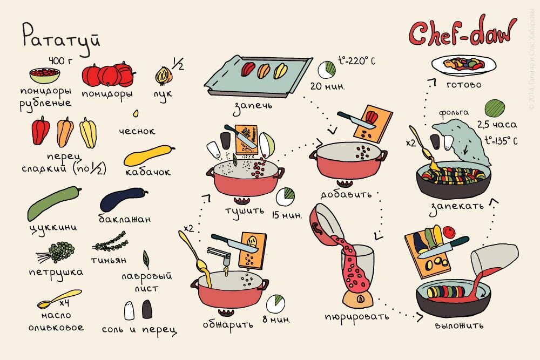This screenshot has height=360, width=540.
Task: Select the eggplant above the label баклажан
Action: [x=124, y=199]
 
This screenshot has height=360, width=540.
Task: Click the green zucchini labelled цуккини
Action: [x=54, y=203]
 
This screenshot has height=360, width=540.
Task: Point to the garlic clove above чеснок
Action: [x=136, y=113]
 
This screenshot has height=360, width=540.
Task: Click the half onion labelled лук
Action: [x=164, y=76]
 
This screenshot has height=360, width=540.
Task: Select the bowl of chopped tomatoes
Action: [x=44, y=76]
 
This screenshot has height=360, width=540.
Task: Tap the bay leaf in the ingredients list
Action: [x=146, y=260]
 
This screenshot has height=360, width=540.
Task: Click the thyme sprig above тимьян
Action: [x=110, y=242]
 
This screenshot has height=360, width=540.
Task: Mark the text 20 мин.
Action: [x=327, y=86]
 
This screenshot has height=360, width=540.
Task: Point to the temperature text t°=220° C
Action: [x=357, y=61]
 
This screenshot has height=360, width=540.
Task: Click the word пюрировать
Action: [x=357, y=317]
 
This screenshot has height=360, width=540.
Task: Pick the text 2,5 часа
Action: [x=497, y=125]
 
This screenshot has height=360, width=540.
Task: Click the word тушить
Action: [x=245, y=211]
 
